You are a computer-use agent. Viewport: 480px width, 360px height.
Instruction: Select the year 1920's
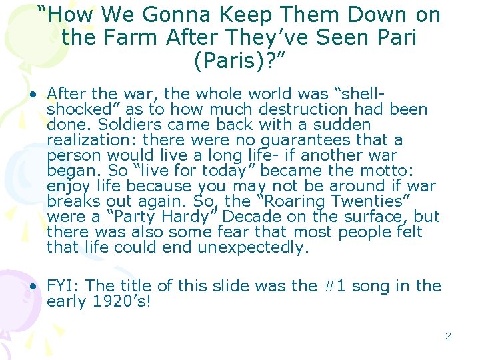pyautogui.click(x=117, y=301)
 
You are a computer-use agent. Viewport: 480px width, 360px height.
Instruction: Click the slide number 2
pyautogui.click(x=448, y=336)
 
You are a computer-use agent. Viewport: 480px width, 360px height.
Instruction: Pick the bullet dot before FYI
pyautogui.click(x=32, y=286)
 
